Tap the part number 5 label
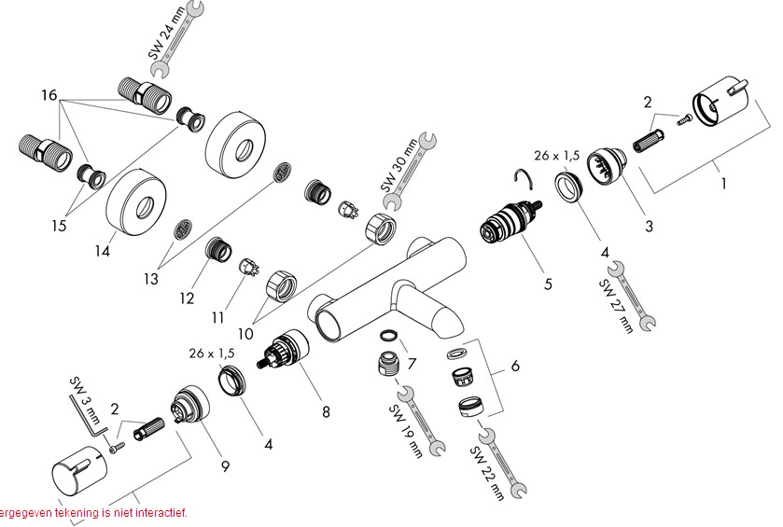[549, 283]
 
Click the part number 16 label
[49, 96]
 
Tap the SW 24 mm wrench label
[155, 42]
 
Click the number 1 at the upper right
[722, 184]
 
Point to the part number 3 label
[647, 226]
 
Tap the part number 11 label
[217, 317]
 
